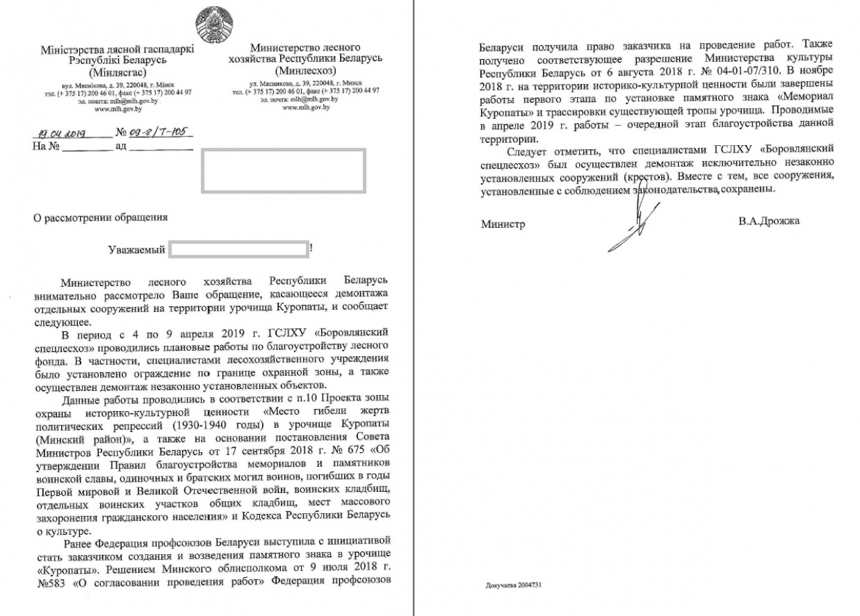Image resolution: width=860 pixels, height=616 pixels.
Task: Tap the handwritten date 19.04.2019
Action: [x=61, y=133]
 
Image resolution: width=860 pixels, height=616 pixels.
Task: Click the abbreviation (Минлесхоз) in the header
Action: [x=305, y=69]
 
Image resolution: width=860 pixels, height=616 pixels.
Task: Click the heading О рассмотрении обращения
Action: [x=97, y=217]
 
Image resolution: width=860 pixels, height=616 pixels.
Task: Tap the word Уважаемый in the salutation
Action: [x=137, y=250]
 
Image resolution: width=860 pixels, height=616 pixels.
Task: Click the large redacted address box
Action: [x=282, y=170]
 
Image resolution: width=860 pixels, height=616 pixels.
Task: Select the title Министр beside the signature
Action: [x=503, y=224]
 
